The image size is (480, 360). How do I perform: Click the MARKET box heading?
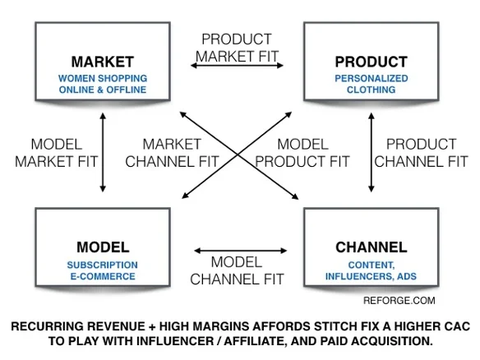[x=103, y=62]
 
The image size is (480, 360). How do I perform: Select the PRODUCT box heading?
[x=371, y=62]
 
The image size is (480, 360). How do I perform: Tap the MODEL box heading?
[x=103, y=247]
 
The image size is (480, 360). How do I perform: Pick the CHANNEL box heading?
[x=371, y=247]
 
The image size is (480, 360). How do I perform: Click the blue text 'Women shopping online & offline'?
[x=103, y=84]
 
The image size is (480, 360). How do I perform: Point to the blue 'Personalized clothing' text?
[x=371, y=84]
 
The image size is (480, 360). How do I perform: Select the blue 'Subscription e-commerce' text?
[x=103, y=270]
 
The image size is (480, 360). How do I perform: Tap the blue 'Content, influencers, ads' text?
[x=371, y=270]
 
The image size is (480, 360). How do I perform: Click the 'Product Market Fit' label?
[x=237, y=48]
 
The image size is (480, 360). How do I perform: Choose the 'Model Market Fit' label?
[x=57, y=153]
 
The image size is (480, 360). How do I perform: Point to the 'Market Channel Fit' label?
[x=172, y=153]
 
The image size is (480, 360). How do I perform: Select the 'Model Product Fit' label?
[x=302, y=153]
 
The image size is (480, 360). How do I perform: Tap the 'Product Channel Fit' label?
[x=421, y=153]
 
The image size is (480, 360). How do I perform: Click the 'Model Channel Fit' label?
[x=237, y=270]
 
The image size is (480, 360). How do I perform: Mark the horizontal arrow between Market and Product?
[x=237, y=65]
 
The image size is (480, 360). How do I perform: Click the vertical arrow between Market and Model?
[x=103, y=152]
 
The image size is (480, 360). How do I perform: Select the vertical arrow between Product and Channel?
[x=372, y=152]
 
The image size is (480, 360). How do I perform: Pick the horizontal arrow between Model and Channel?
[x=240, y=251]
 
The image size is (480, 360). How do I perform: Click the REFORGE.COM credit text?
[x=399, y=300]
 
